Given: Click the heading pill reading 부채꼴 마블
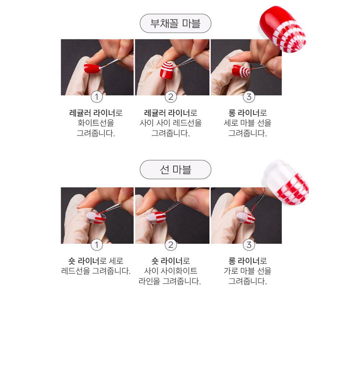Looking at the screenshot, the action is tap(175, 23).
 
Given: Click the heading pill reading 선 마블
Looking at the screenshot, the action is tap(175, 169).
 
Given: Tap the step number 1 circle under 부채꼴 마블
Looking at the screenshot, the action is tap(97, 96).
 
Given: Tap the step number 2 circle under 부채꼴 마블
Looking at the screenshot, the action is tap(171, 96).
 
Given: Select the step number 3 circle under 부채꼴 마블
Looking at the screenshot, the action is tap(249, 96).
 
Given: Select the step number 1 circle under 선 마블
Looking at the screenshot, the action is tap(97, 244).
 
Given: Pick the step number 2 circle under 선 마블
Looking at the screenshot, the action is tap(171, 244).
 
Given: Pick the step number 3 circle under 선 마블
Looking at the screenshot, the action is tap(249, 244).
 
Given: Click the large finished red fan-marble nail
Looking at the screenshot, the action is tap(283, 29).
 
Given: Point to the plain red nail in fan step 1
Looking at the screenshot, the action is tap(92, 68).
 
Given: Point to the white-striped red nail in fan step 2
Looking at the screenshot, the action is tap(167, 70).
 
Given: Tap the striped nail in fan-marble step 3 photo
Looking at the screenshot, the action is tap(241, 71).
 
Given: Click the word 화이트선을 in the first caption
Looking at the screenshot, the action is tap(96, 123).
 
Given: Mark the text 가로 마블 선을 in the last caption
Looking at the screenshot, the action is tap(247, 271).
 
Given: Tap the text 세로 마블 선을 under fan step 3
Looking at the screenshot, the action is tap(247, 123).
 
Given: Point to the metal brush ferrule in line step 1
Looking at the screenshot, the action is tap(114, 207).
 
